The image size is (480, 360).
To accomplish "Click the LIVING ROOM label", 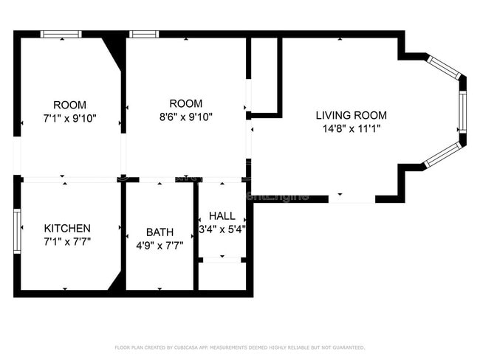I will [351, 116].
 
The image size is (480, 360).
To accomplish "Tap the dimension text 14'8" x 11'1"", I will [351, 129].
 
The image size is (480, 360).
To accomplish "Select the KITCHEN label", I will [67, 228].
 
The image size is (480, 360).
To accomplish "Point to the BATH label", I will [160, 232].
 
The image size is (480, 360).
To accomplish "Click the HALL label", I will [222, 216].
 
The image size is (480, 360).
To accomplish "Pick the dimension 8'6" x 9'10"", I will [185, 117].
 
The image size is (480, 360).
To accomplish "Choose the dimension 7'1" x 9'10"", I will [69, 118].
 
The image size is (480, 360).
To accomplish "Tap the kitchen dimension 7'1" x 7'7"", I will [67, 241].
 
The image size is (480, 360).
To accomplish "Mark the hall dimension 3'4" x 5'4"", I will [222, 229].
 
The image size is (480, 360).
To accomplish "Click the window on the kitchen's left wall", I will [17, 231].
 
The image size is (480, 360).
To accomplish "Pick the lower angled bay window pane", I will [443, 154].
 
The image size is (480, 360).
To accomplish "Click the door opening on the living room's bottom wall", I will [352, 198].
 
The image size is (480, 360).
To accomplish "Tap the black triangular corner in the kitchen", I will [115, 283].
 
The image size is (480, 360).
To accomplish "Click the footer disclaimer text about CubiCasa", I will [239, 347].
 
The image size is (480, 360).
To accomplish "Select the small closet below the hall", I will [222, 276].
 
